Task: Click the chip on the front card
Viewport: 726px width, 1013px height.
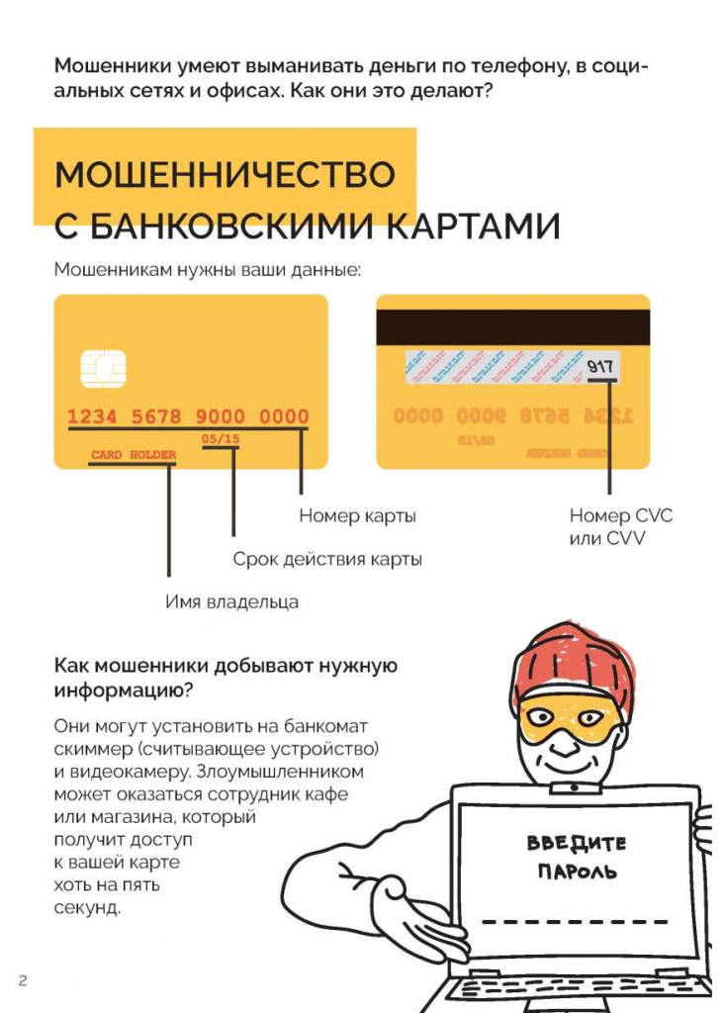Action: [x=103, y=369]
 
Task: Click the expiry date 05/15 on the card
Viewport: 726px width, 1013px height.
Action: [x=220, y=438]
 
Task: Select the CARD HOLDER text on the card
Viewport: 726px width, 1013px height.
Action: [x=134, y=455]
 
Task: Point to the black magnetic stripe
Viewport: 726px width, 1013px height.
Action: [x=512, y=327]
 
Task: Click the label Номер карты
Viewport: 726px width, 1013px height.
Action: [x=357, y=515]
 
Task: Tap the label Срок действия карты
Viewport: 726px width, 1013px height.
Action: [x=327, y=559]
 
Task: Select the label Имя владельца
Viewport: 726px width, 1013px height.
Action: [x=231, y=601]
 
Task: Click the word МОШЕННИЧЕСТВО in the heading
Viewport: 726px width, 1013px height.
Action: [x=225, y=175]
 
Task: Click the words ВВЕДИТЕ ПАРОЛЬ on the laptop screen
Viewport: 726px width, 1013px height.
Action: [x=577, y=857]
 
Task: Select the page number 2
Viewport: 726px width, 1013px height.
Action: [x=22, y=980]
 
